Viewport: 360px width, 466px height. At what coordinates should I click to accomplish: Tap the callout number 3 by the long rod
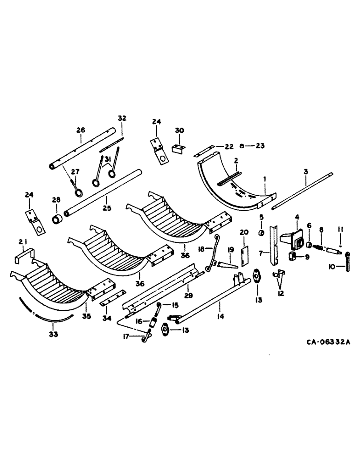(x=306, y=172)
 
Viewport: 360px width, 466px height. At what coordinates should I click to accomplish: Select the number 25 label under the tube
(x=107, y=208)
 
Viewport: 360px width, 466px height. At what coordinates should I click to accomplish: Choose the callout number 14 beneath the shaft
(x=221, y=317)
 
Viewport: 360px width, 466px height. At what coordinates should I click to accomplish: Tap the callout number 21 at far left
(x=22, y=242)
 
